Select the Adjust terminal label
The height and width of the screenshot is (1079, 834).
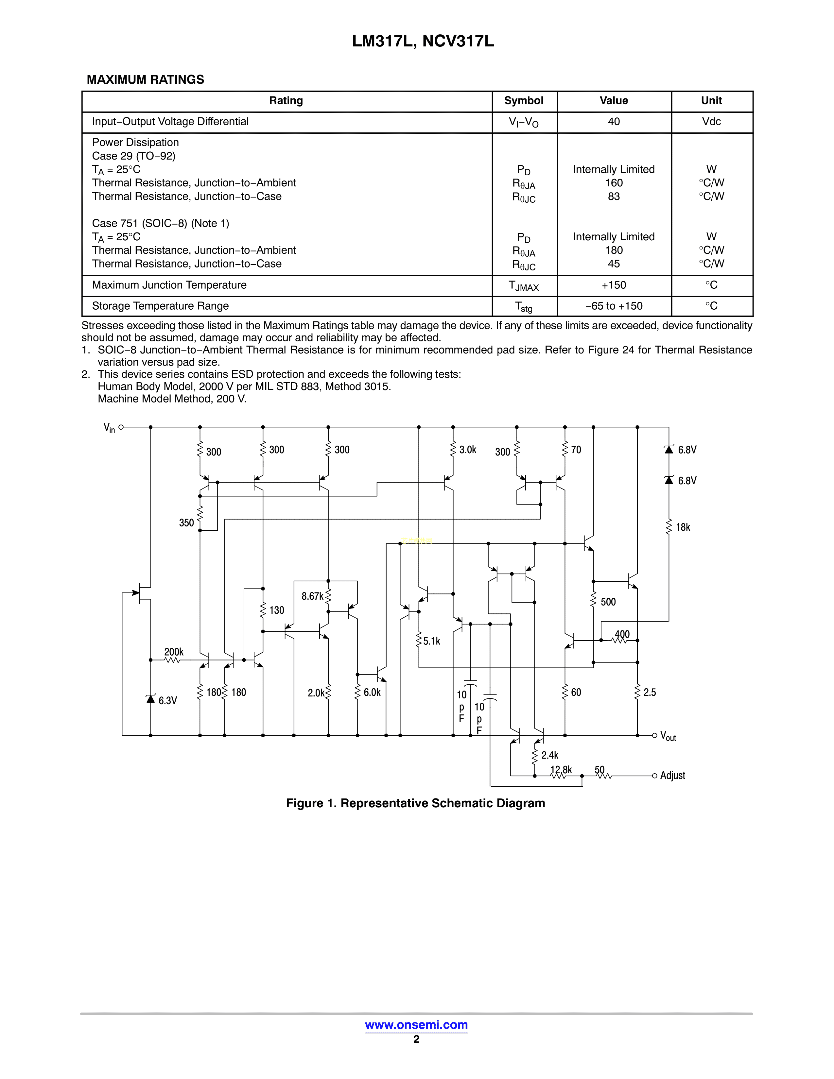pyautogui.click(x=672, y=776)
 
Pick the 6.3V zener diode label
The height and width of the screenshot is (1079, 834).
pyautogui.click(x=167, y=701)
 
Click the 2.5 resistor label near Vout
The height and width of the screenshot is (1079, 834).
pyautogui.click(x=650, y=693)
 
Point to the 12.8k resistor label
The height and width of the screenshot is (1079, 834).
pyautogui.click(x=561, y=770)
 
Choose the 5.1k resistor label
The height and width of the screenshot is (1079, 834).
pyautogui.click(x=431, y=641)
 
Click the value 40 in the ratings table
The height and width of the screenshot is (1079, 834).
pyautogui.click(x=614, y=122)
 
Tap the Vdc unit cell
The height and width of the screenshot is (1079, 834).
pyautogui.click(x=711, y=122)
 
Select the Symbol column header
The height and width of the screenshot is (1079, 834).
pyautogui.click(x=524, y=101)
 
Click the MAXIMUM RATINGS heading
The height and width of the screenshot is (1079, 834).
pyautogui.click(x=145, y=79)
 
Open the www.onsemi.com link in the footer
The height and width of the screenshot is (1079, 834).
pyautogui.click(x=416, y=1025)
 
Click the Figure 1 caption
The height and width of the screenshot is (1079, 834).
pyautogui.click(x=415, y=803)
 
